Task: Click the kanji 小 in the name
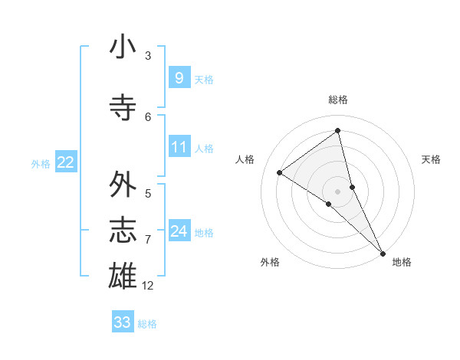[x=123, y=47]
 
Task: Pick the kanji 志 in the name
[x=123, y=231]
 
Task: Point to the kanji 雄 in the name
[x=123, y=275]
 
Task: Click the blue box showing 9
[x=179, y=77]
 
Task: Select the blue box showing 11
[x=179, y=146]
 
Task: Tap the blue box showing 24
[x=179, y=231]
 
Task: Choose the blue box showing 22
[x=66, y=162]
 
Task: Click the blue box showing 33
[x=122, y=322]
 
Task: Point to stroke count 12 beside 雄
[x=148, y=286]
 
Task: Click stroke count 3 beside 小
[x=148, y=56]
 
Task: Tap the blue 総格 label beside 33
[x=147, y=324]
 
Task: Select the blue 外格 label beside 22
[x=41, y=163]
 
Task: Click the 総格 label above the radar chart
[x=337, y=100]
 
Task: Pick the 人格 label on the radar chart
[x=245, y=159]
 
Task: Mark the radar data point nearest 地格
[x=382, y=252]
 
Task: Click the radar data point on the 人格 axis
[x=279, y=172]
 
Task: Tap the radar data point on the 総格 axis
[x=337, y=130]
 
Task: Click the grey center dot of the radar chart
[x=337, y=191]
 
